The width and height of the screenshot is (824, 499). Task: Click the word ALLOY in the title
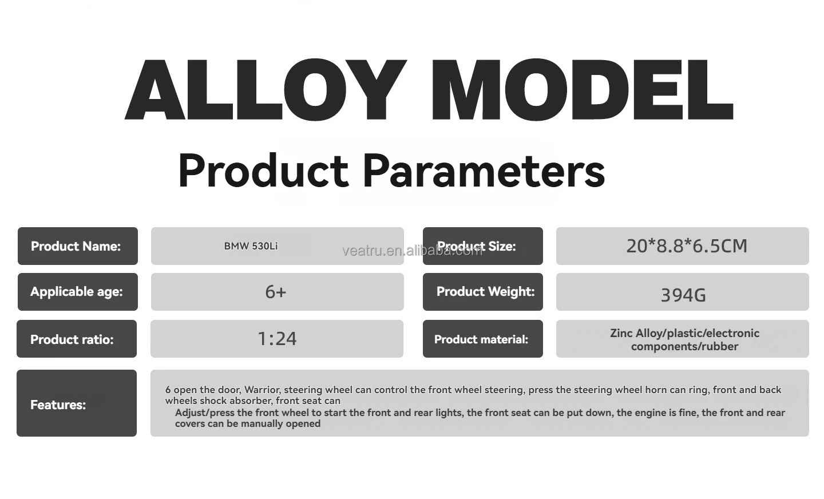tap(266, 89)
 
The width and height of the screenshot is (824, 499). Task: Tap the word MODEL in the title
tap(583, 89)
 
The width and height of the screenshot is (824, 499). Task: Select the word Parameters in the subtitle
tap(484, 171)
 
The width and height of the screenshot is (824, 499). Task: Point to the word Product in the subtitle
tap(263, 171)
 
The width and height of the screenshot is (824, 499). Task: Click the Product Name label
tap(76, 246)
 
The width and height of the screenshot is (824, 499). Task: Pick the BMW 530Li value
tap(251, 246)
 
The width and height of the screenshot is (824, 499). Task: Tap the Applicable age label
tap(77, 292)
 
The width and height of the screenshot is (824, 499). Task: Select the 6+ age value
tap(276, 292)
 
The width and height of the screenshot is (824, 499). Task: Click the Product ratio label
tap(72, 339)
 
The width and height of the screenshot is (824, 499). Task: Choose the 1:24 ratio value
tap(277, 339)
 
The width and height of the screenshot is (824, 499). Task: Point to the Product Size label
tap(476, 246)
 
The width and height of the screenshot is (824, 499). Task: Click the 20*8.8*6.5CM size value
tap(687, 246)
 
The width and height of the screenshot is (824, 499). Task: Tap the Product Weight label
tap(486, 291)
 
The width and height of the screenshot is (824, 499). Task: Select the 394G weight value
tap(683, 295)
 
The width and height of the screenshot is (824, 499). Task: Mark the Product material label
tap(481, 339)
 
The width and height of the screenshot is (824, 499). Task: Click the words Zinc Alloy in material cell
tap(636, 333)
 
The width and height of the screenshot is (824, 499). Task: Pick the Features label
tap(58, 405)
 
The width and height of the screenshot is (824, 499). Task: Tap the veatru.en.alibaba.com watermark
tap(413, 251)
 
